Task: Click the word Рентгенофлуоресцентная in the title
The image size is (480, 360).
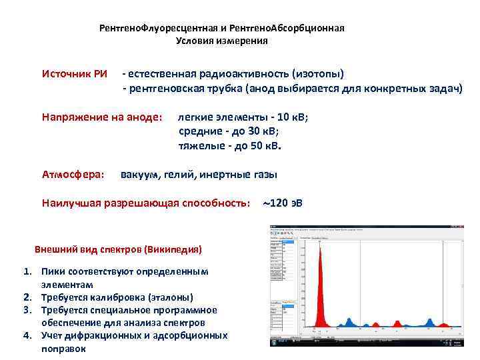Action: coord(162,29)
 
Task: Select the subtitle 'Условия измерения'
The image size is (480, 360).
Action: coord(222,41)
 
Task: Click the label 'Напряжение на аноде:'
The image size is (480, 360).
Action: coord(101,117)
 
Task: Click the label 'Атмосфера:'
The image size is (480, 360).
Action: coord(73,175)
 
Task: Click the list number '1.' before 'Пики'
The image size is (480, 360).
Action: coord(28,272)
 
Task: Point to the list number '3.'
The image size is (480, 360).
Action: coord(28,310)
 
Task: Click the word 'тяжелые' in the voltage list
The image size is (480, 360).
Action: coord(197,145)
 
